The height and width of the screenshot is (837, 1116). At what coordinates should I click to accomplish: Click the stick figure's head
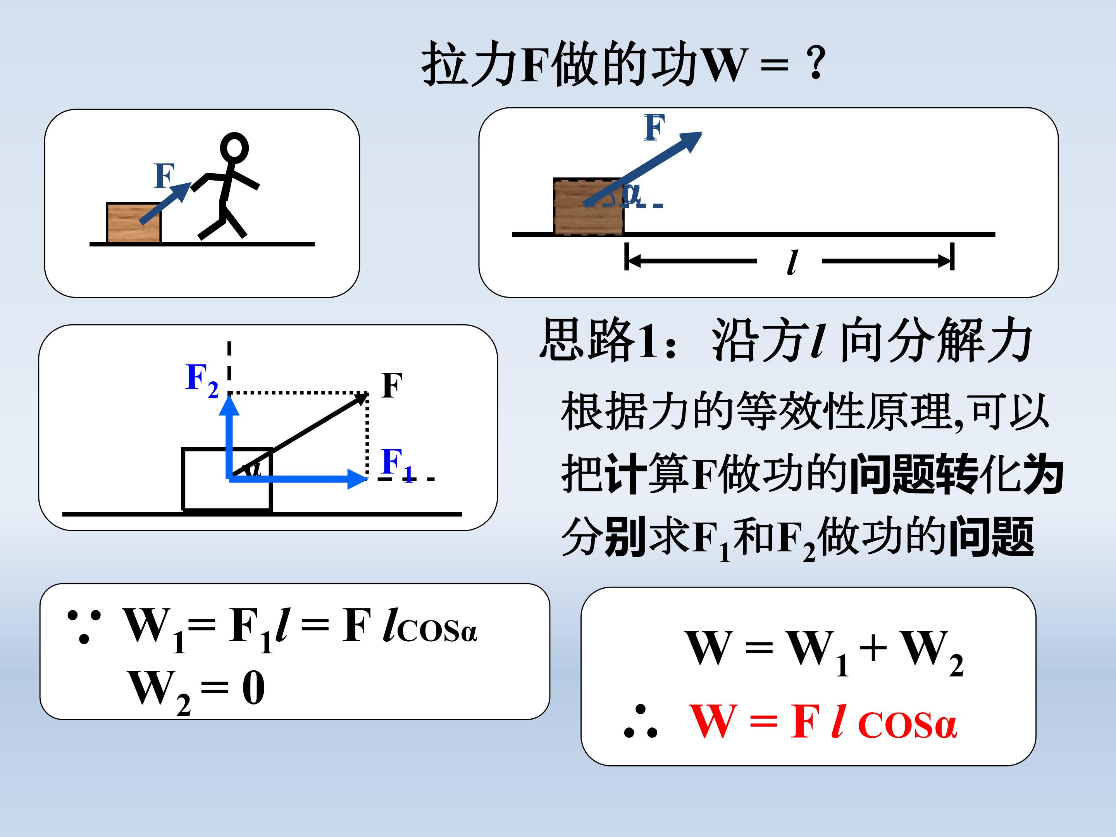pyautogui.click(x=234, y=147)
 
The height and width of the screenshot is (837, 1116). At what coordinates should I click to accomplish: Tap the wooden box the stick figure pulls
pyautogui.click(x=134, y=223)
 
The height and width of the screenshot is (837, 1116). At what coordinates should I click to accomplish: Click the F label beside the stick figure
pyautogui.click(x=164, y=175)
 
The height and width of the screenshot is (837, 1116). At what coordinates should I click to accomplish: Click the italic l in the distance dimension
pyautogui.click(x=792, y=262)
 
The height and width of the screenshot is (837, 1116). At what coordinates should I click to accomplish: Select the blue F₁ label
pyautogui.click(x=397, y=464)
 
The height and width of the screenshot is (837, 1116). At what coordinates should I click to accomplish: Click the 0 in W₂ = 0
pyautogui.click(x=253, y=688)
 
